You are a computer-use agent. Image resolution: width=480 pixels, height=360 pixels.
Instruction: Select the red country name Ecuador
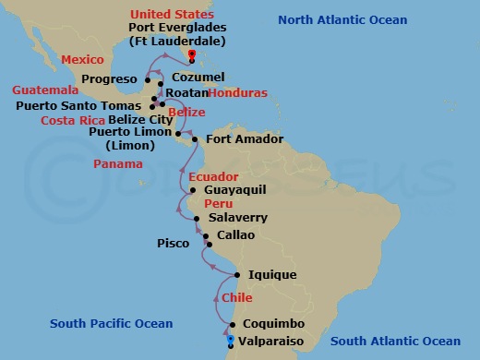tap(213, 176)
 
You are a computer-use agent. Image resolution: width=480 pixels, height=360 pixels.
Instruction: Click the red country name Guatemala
tap(44, 90)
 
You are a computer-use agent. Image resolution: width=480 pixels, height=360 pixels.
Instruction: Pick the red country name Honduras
tap(238, 93)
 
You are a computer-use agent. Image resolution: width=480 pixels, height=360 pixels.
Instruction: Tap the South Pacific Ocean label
tap(111, 323)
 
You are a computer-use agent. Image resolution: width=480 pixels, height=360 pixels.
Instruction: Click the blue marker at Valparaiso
tap(230, 341)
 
